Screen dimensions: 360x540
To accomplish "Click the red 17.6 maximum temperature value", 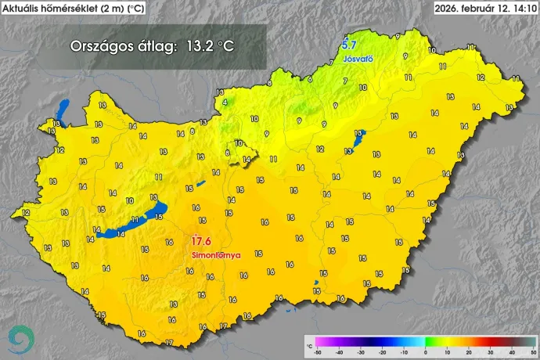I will pos(201,241).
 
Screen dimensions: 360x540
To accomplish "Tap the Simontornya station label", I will pos(215,255).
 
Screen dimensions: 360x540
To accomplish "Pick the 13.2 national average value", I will pos(199,45).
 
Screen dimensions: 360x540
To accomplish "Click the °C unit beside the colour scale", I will pos(309,345).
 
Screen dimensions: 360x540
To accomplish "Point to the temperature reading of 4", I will pos(225,102).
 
